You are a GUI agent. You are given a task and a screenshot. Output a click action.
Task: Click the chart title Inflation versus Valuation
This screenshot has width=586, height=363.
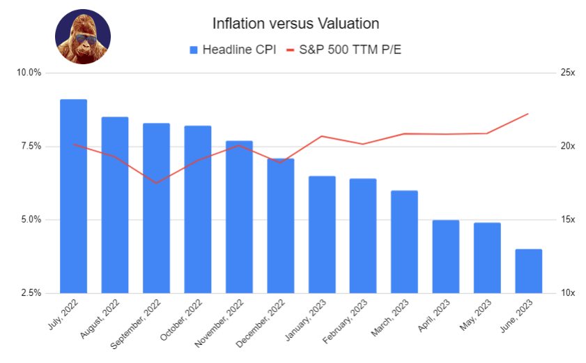[295, 23]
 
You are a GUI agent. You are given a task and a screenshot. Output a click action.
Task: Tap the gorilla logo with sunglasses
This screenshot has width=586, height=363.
[82, 37]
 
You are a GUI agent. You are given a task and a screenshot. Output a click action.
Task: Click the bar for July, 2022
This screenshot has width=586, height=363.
[73, 195]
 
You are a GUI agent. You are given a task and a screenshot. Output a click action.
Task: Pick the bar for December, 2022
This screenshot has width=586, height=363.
[280, 225]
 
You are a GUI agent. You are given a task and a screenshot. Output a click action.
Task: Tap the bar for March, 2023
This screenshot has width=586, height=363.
[404, 242]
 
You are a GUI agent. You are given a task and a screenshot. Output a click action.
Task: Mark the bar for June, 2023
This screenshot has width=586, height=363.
[528, 271]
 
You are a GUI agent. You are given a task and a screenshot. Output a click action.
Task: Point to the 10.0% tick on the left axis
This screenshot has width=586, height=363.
[30, 73]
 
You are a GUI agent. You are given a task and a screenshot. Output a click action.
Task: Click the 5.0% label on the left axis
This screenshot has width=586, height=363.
[32, 220]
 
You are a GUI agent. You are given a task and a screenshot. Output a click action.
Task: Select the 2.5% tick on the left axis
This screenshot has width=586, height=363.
[32, 293]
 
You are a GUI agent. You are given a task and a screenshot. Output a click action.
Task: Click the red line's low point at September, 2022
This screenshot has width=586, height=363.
[156, 183]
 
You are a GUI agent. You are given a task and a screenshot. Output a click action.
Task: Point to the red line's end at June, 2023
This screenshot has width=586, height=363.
[528, 114]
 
